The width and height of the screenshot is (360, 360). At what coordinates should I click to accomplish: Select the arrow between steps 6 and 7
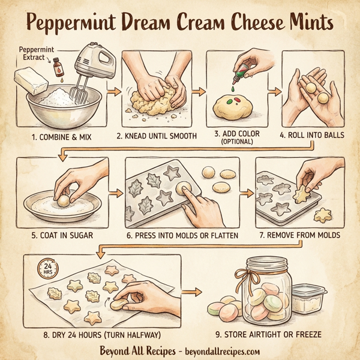[245, 194]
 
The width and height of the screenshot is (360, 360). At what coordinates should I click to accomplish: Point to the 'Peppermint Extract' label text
[34, 52]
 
